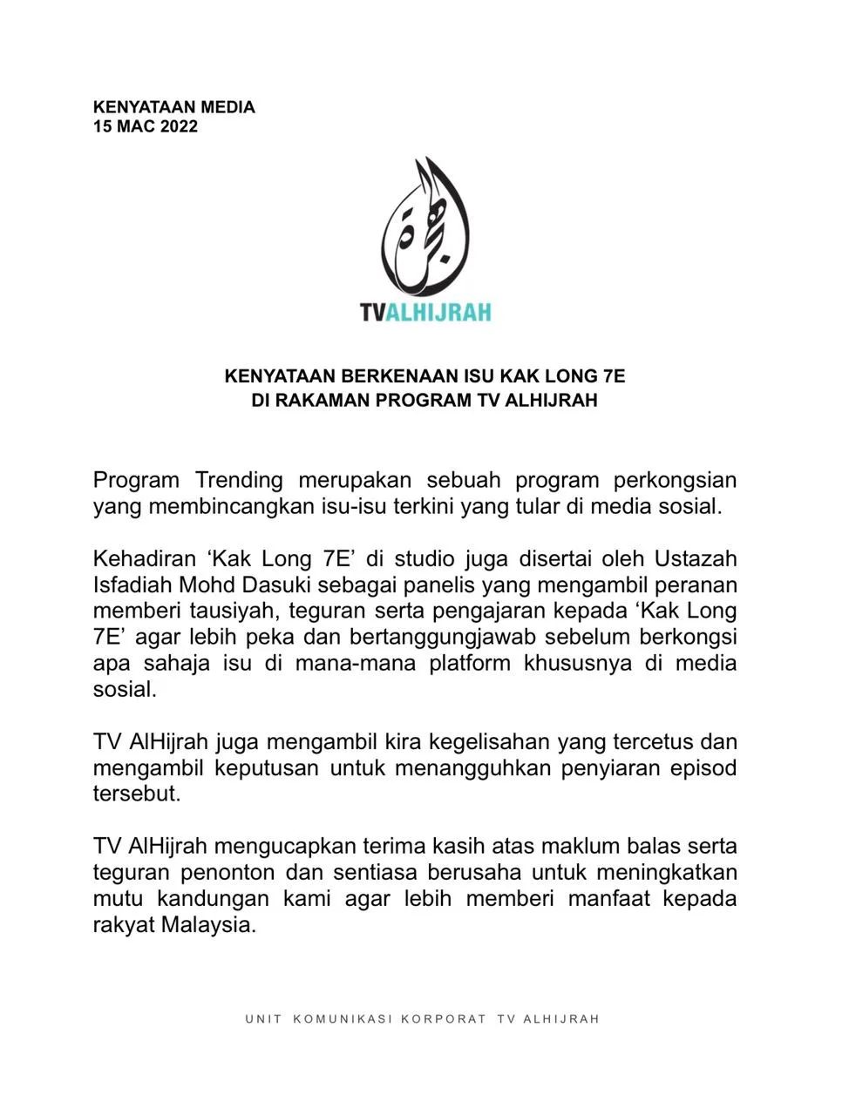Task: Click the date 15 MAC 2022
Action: click(146, 126)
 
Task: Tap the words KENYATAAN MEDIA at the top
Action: click(174, 107)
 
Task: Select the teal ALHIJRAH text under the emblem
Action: click(438, 312)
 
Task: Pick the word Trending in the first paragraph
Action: click(239, 480)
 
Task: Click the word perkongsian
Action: click(676, 480)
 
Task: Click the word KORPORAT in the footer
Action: click(444, 1018)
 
